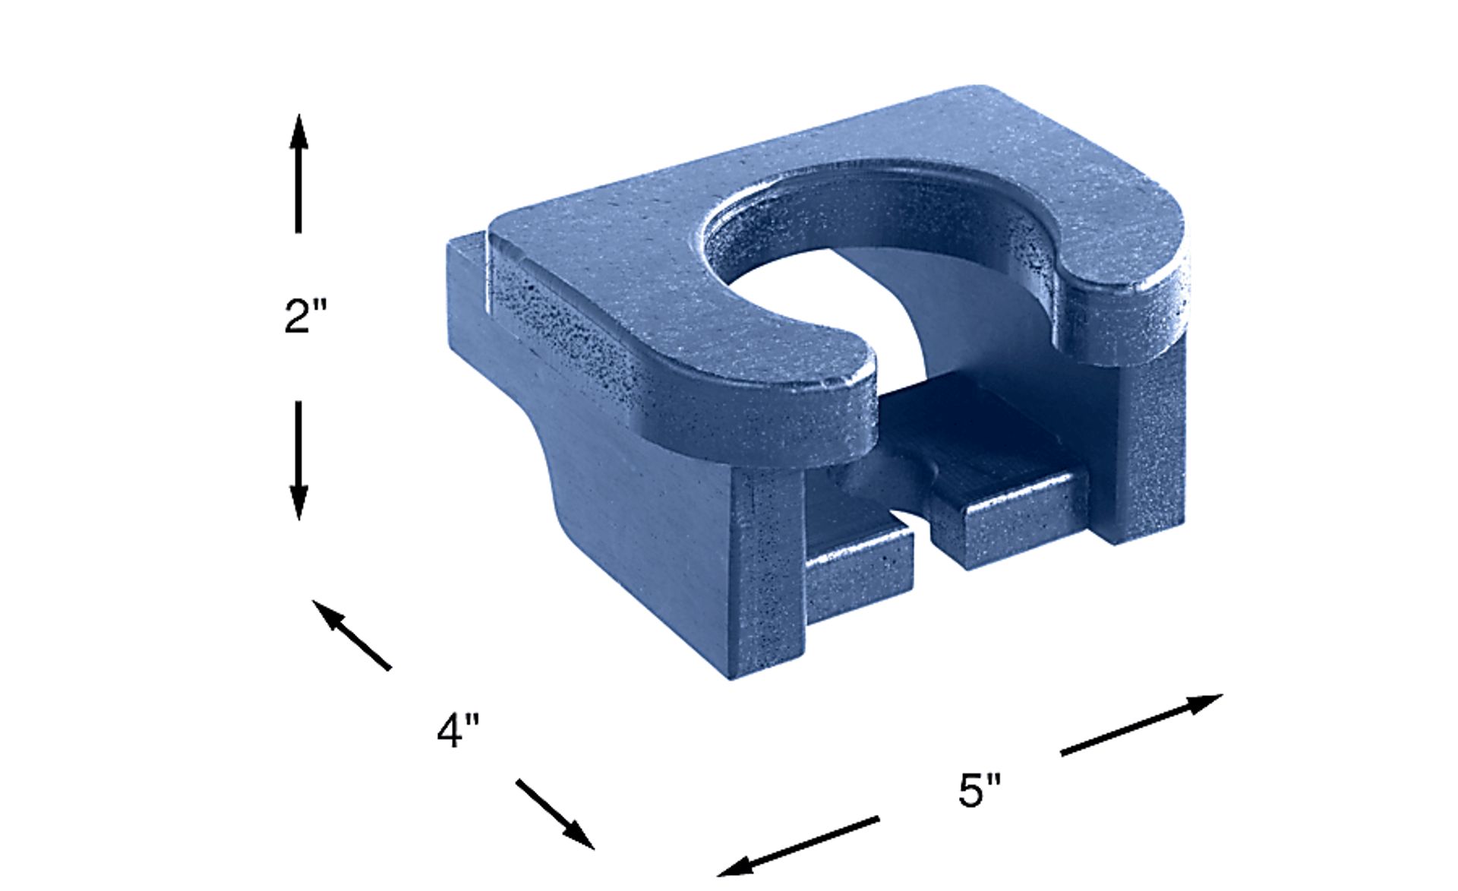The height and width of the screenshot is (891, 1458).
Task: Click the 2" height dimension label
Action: coord(305,316)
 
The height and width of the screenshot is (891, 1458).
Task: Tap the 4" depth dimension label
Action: coord(458,731)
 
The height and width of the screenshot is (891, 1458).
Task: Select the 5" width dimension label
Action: coord(980,790)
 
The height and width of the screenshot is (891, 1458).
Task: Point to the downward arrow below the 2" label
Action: coord(298,460)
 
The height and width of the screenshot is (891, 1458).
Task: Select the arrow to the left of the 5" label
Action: coord(798,846)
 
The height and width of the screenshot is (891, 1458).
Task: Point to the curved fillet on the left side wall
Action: coord(554,471)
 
